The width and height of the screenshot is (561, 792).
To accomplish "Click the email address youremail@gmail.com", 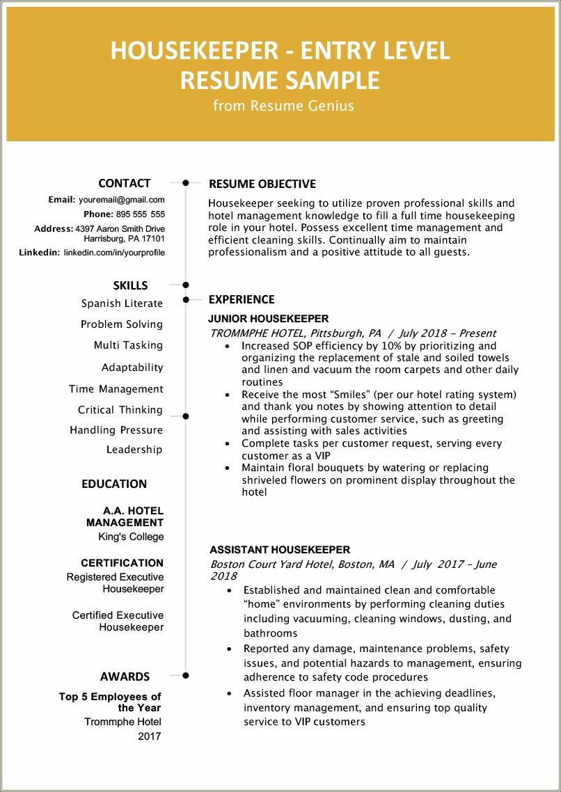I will click(121, 200).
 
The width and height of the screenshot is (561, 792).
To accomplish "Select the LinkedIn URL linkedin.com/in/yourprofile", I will click(114, 253).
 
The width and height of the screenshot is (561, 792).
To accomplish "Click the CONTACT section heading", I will click(125, 184).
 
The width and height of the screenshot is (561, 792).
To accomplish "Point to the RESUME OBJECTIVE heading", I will click(262, 184).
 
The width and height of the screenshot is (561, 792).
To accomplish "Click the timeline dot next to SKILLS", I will click(186, 285).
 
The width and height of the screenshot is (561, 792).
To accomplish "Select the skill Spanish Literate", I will click(122, 303).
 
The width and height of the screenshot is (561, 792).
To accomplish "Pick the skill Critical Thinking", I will click(120, 410).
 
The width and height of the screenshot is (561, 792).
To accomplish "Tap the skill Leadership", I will click(134, 450).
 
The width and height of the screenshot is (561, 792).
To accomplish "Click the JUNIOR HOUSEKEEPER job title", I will click(268, 319).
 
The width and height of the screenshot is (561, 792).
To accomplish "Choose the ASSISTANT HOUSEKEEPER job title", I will click(280, 550).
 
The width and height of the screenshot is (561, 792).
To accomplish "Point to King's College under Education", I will click(131, 537).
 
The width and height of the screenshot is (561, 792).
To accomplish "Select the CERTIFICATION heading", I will click(122, 563).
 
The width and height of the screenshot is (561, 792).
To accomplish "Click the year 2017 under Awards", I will click(149, 736).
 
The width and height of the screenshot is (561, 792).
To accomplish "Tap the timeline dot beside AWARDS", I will click(186, 675).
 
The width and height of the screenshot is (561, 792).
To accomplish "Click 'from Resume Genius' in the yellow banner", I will click(283, 106).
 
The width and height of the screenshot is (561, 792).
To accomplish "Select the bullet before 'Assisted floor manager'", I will click(230, 694).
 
